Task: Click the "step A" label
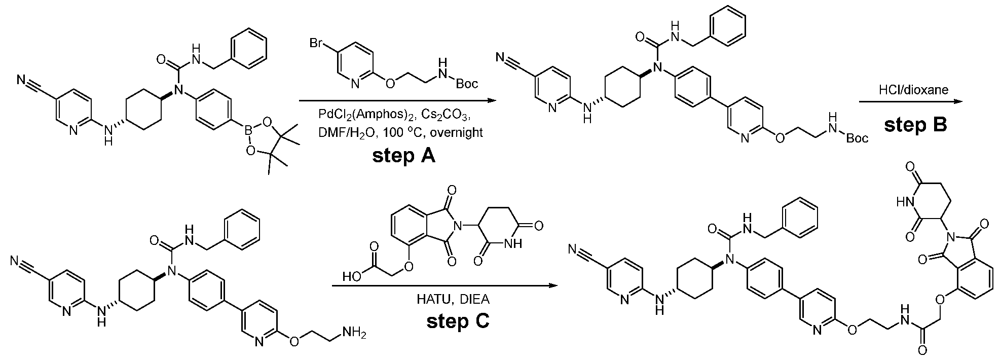tap(403, 155)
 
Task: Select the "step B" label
tap(915, 125)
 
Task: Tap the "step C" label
tap(458, 321)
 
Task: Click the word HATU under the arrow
tap(429, 299)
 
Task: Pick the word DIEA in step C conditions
tap(474, 299)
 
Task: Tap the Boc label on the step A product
tap(857, 138)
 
